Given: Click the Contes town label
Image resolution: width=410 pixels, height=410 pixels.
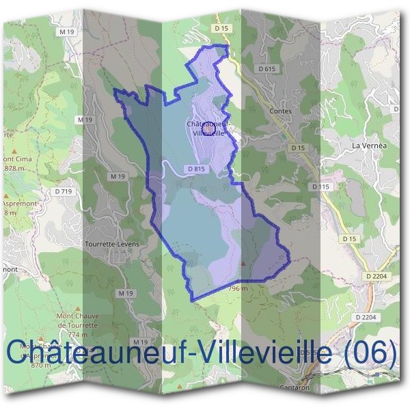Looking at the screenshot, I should coord(280,111).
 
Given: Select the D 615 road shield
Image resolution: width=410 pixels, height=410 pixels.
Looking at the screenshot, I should coord(266,69).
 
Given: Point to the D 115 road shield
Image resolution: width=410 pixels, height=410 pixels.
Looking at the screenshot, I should coord(320,186).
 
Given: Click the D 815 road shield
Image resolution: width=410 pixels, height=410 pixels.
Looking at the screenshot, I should coord(195,169).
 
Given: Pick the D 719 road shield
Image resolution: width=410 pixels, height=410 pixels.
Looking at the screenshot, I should coord(66,191).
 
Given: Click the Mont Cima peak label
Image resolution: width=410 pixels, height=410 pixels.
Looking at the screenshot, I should coord(16,159).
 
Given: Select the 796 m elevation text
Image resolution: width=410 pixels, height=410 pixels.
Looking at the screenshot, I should coord(236,288).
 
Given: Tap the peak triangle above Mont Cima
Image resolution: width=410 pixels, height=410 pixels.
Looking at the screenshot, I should coord(8,149).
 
